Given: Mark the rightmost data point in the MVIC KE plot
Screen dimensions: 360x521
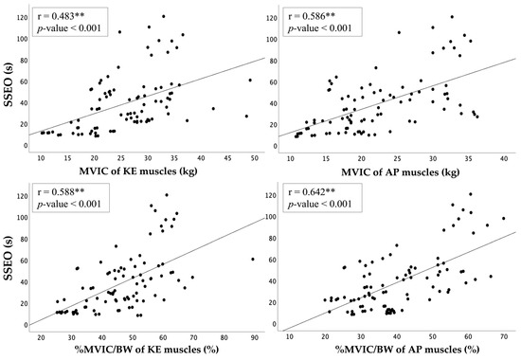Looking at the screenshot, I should click(x=250, y=81).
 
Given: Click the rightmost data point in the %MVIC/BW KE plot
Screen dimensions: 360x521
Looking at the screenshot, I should click(x=253, y=259).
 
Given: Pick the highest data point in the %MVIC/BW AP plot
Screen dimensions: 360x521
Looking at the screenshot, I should click(x=470, y=195).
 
